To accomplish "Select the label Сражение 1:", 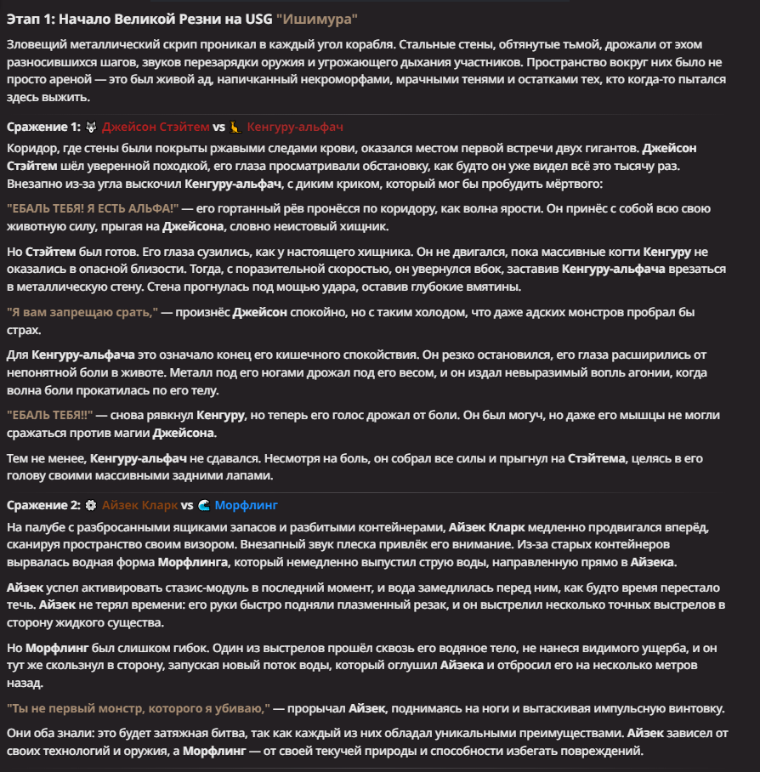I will (x=43, y=127).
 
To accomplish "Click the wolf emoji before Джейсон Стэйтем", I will (x=91, y=127).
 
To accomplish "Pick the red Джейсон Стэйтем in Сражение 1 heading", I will (x=156, y=127).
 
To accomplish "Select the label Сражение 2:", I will (x=43, y=504).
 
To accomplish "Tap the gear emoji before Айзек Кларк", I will (x=91, y=504).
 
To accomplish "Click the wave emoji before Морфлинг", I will (x=203, y=504).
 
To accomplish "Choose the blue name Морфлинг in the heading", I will (x=247, y=504).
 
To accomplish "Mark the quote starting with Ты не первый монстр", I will (x=138, y=708).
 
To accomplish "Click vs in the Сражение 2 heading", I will (x=187, y=504).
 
